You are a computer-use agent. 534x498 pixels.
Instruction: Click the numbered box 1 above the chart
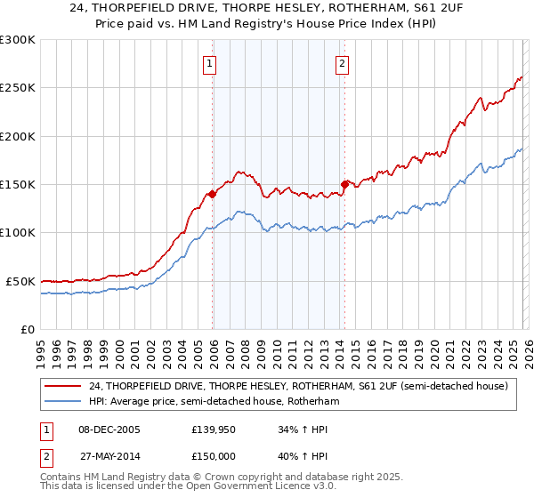click(x=209, y=63)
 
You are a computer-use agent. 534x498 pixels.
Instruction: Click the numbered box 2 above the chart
click(x=342, y=63)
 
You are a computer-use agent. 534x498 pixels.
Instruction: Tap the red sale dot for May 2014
click(x=344, y=184)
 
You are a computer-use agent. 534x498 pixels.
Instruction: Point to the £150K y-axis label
click(x=18, y=185)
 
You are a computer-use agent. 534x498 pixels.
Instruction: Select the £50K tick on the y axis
click(x=21, y=281)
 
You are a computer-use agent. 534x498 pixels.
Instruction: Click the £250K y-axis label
click(x=18, y=88)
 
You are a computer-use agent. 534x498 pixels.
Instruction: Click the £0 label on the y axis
click(x=28, y=329)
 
